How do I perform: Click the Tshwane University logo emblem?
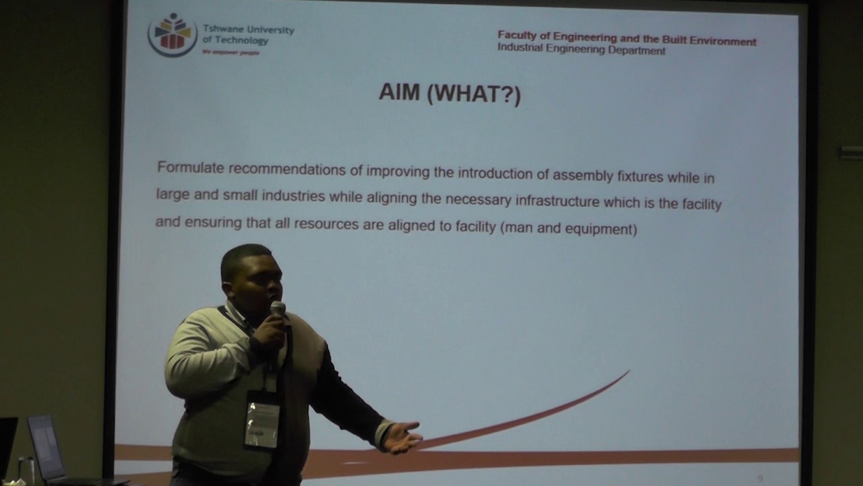point(173,34)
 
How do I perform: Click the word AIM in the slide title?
point(399,92)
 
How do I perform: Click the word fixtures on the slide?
point(640,176)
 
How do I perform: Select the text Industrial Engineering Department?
point(581,50)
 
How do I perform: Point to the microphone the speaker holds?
point(278,310)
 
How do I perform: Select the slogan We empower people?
point(231,52)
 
